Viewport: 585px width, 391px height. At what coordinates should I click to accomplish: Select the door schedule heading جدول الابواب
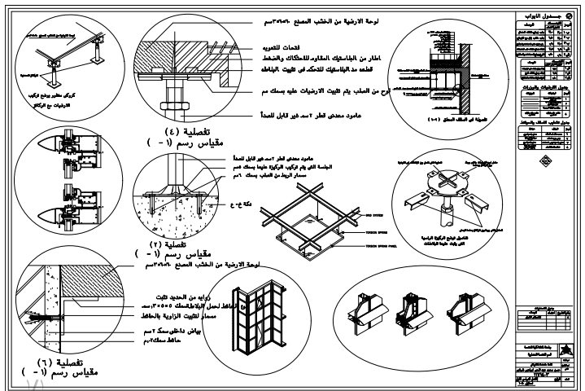pos(542,16)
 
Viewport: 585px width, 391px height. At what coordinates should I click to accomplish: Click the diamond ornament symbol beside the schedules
pos(542,159)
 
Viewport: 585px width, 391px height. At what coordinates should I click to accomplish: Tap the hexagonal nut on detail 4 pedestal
pos(172,104)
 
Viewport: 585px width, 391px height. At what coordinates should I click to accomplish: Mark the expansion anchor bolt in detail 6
pos(36,314)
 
